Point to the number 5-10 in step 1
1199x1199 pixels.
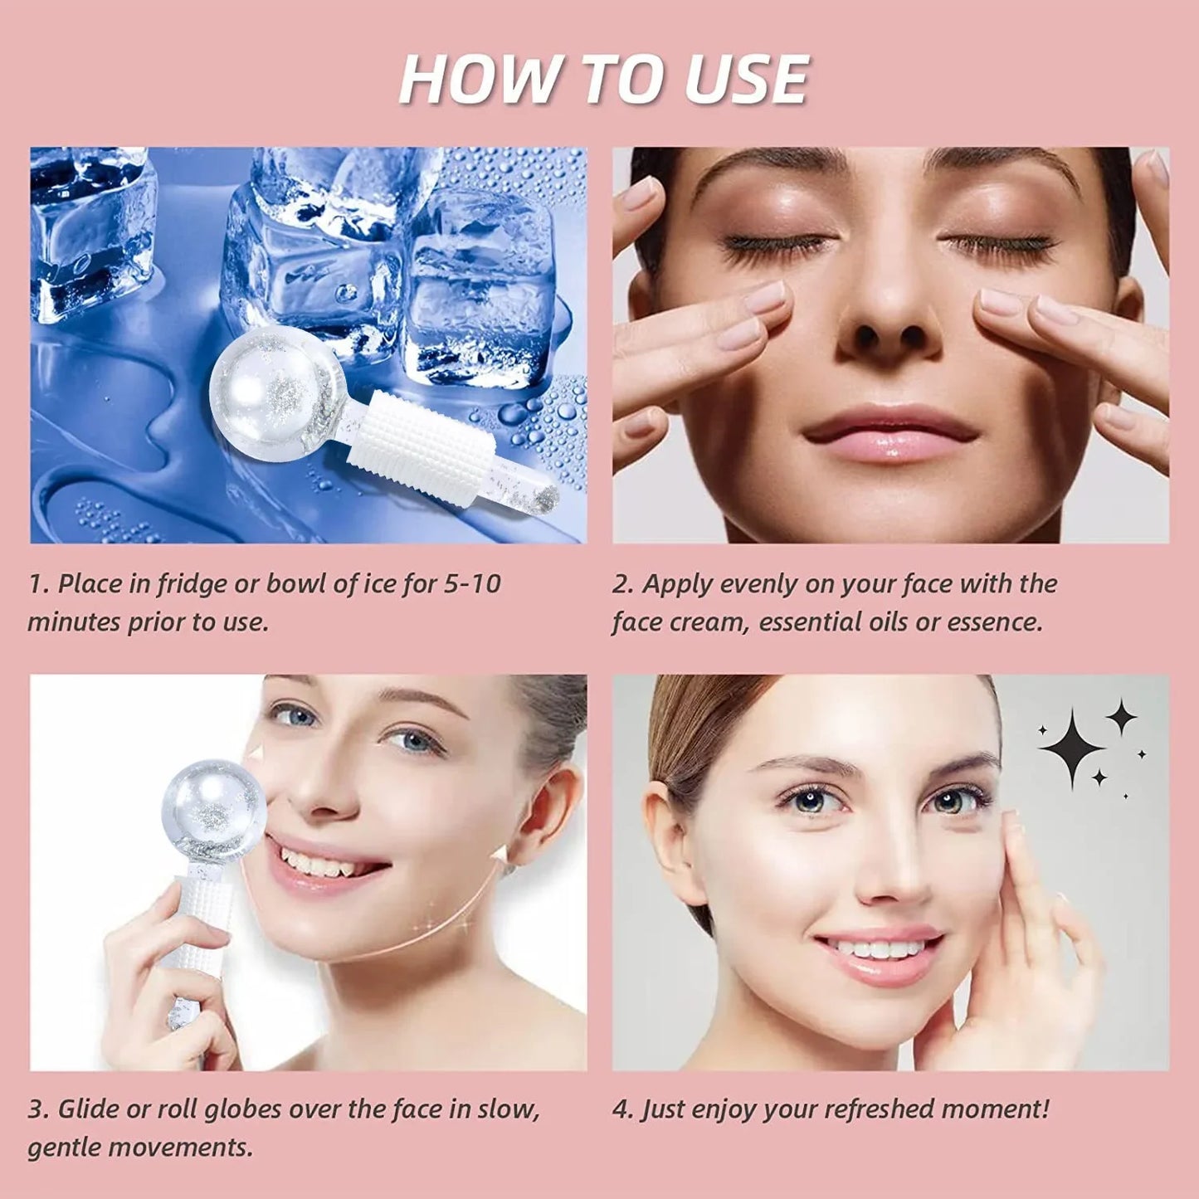tap(472, 584)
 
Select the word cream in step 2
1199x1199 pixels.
tap(709, 621)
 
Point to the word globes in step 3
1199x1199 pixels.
tap(246, 1109)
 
